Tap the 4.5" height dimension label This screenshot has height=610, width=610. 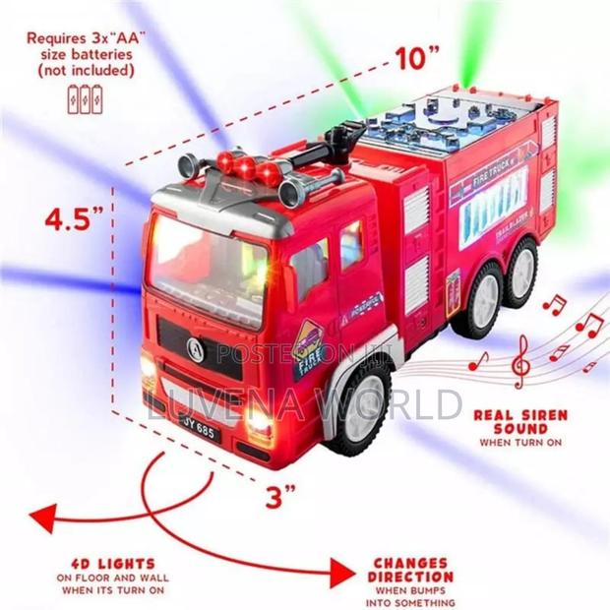pyautogui.click(x=74, y=218)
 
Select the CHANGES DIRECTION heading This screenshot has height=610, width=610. pyautogui.click(x=412, y=570)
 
